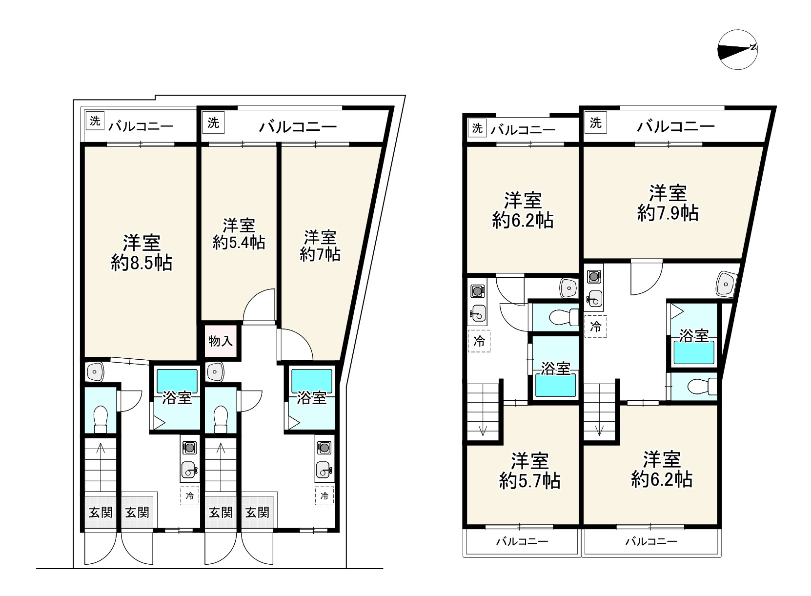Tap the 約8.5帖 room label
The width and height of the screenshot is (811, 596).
point(142,263)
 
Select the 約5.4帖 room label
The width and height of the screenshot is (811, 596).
point(239,242)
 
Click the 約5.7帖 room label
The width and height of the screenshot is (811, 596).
point(529,481)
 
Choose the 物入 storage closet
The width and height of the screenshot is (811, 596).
point(221,341)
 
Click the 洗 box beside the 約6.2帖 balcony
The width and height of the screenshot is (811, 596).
point(477,128)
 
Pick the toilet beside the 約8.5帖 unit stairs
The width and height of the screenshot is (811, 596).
point(101,419)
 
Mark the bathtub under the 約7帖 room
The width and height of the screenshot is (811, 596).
point(312,381)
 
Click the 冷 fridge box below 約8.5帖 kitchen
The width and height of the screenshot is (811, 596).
point(190,496)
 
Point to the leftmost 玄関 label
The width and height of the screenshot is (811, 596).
point(101,513)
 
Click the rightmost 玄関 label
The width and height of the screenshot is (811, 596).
point(257,513)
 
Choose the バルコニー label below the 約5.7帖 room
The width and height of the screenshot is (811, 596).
point(522,541)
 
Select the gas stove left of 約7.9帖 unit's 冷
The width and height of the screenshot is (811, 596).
point(594,277)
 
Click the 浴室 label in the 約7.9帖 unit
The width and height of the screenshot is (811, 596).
point(694,336)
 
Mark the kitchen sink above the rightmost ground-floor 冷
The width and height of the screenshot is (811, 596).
point(325,470)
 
